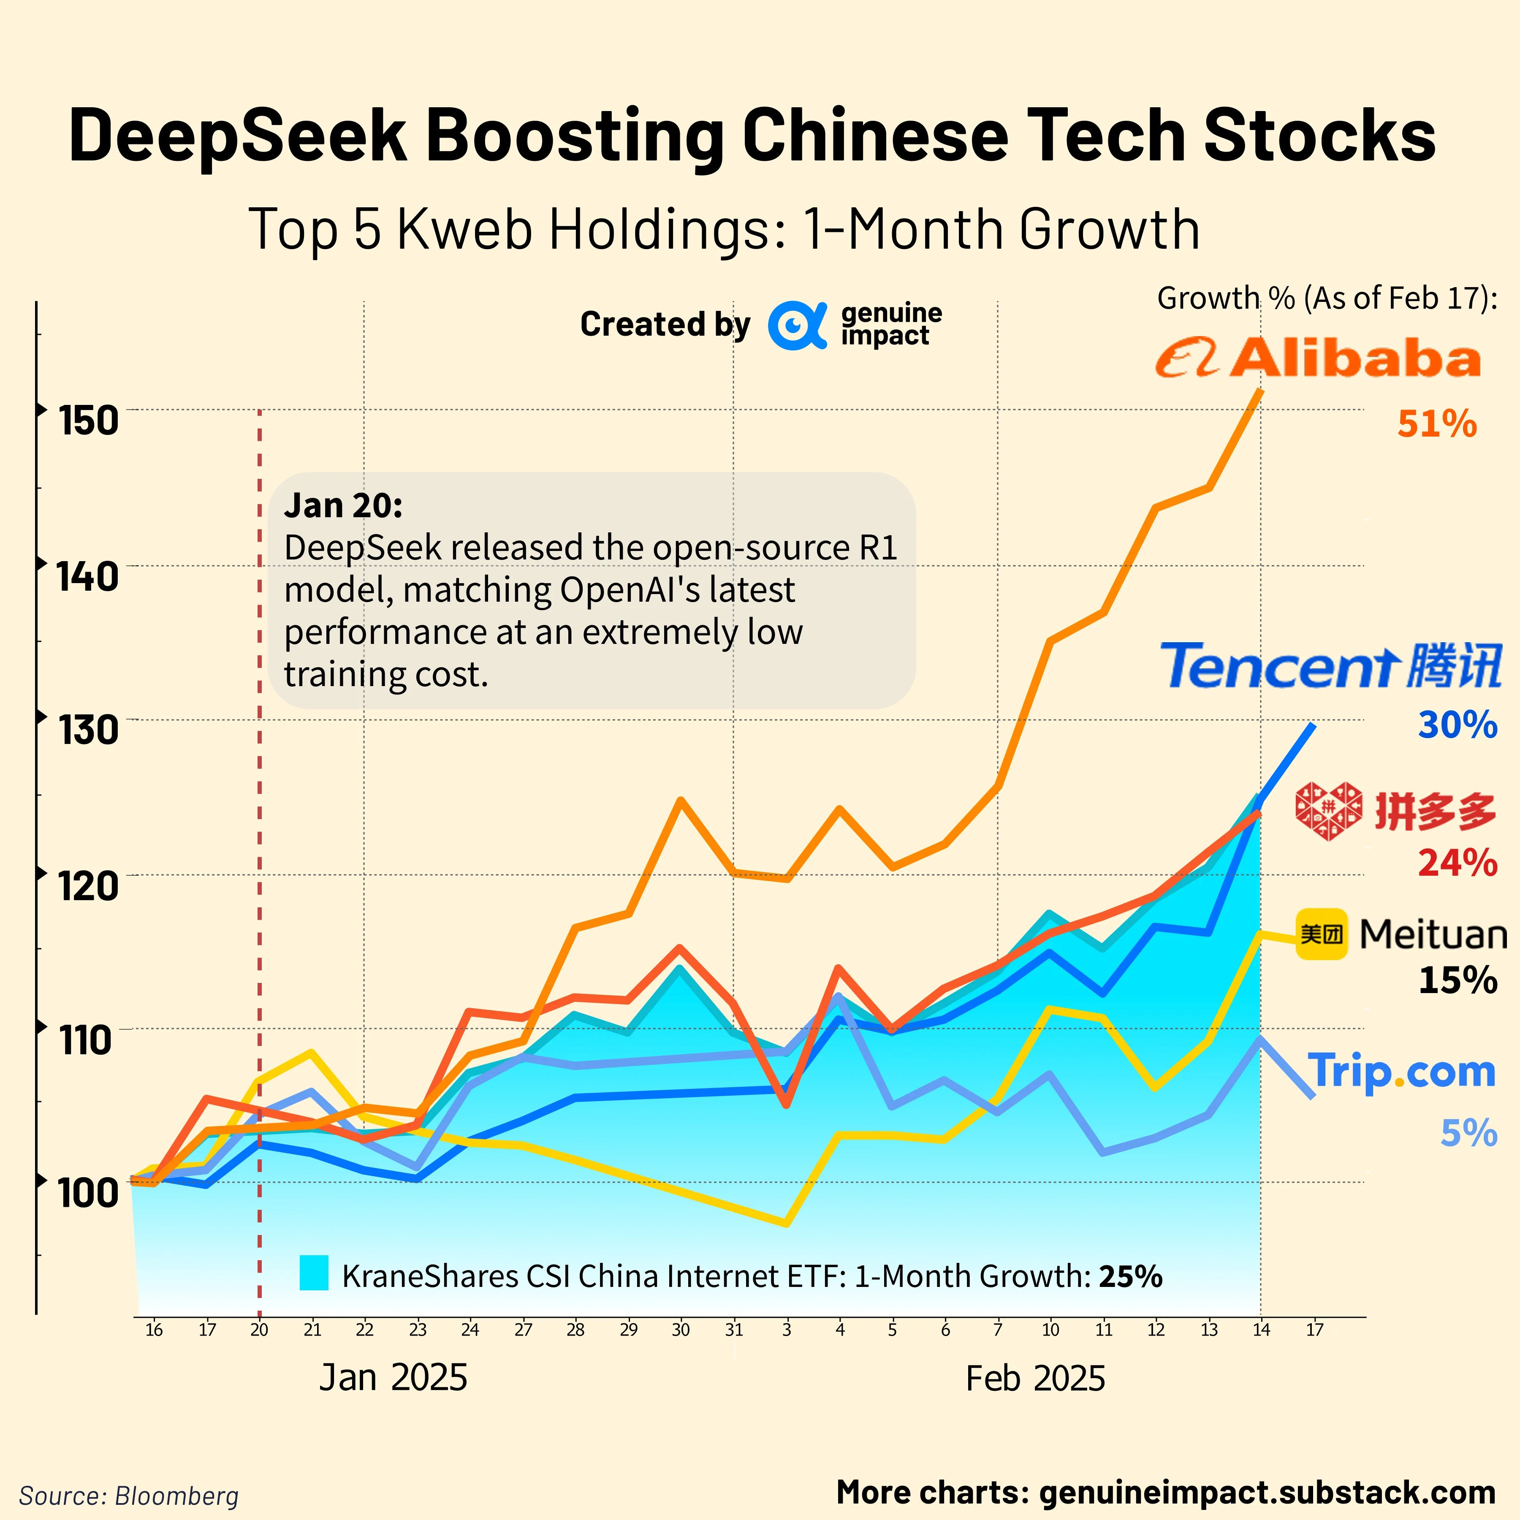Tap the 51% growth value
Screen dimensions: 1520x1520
1436,424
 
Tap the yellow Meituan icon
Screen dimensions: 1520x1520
1322,934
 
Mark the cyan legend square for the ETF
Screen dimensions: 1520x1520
314,1273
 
